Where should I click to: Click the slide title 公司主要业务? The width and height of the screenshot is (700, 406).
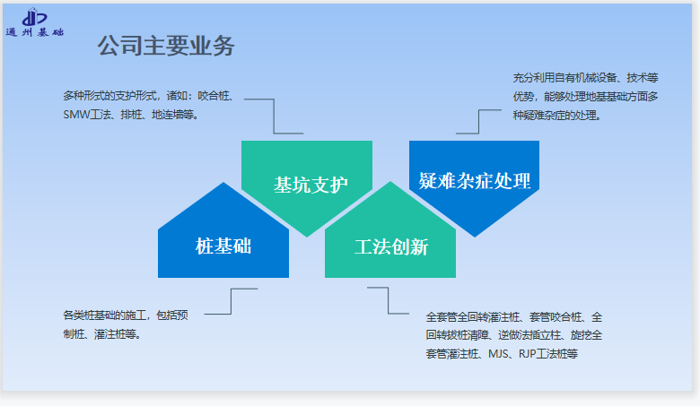pyautogui.click(x=166, y=46)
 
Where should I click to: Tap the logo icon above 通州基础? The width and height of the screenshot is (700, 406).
pyautogui.click(x=34, y=17)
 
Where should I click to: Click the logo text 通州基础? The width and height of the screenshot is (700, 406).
pyautogui.click(x=35, y=32)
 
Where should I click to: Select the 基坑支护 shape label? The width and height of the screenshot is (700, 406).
pyautogui.click(x=311, y=185)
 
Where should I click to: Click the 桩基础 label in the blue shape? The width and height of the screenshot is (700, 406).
pyautogui.click(x=223, y=246)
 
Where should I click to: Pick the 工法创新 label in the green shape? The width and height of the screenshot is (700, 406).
pyautogui.click(x=391, y=246)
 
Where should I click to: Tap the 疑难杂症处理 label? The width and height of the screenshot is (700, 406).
pyautogui.click(x=475, y=181)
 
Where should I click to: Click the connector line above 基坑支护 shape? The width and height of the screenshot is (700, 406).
pyautogui.click(x=274, y=116)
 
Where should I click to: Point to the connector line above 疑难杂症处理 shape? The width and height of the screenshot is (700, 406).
pyautogui.click(x=478, y=121)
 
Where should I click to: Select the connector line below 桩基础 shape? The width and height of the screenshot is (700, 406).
pyautogui.click(x=231, y=301)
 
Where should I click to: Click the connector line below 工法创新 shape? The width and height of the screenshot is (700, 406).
pyautogui.click(x=388, y=300)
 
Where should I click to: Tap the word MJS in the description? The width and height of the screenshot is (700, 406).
pyautogui.click(x=498, y=354)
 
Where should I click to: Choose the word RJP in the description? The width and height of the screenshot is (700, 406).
pyautogui.click(x=527, y=354)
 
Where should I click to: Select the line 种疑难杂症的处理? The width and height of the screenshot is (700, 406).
pyautogui.click(x=555, y=116)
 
